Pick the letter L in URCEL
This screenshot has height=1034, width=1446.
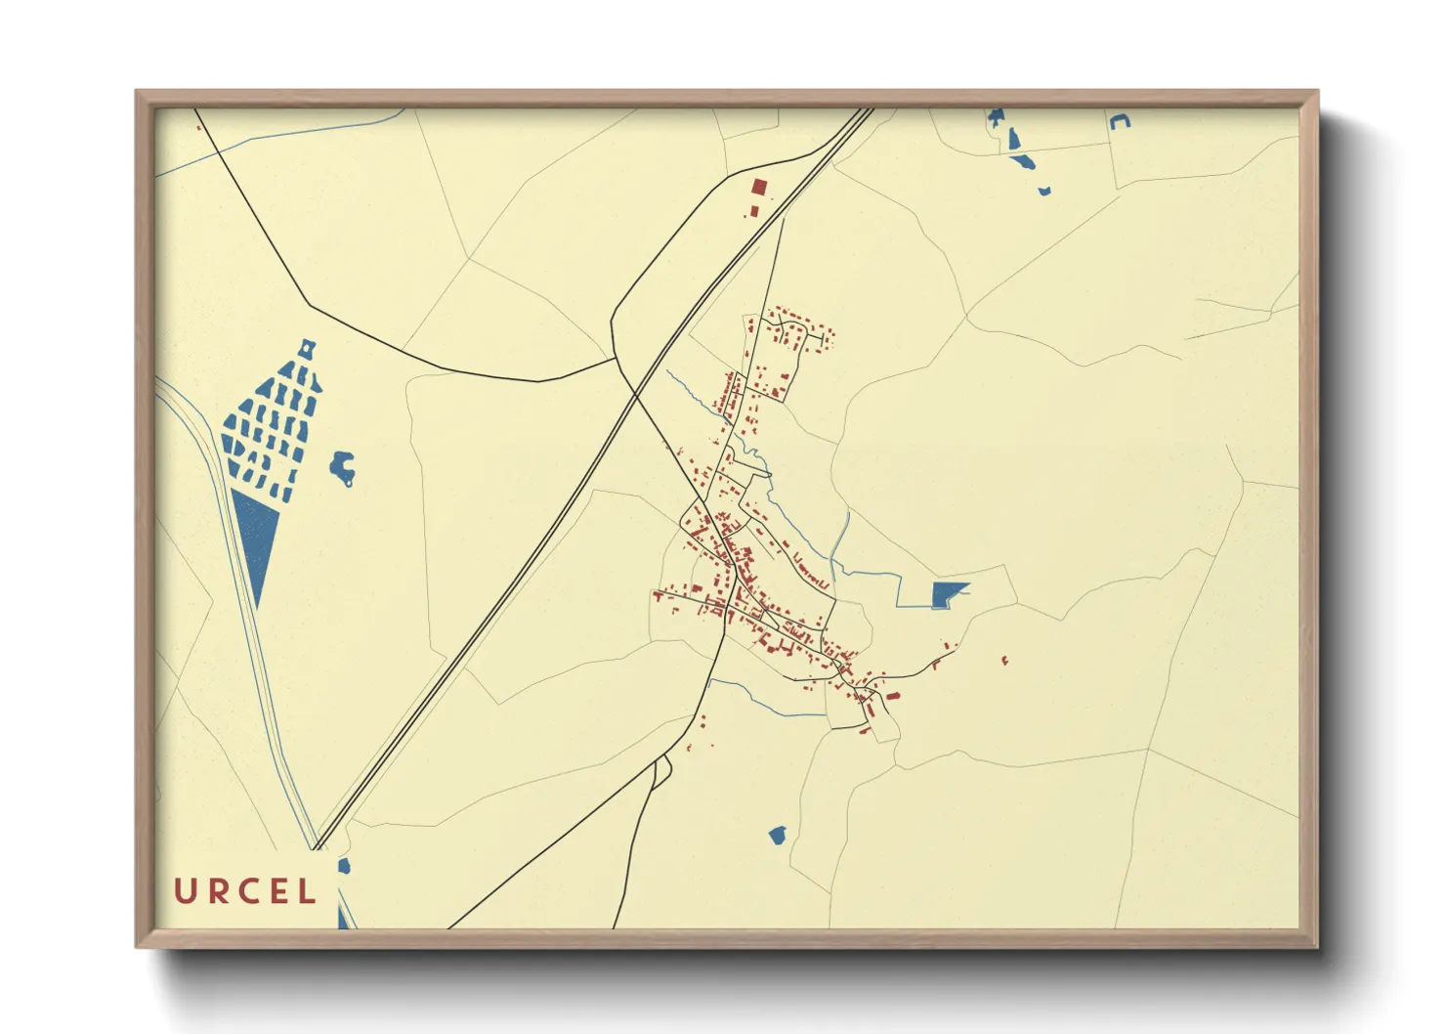308,891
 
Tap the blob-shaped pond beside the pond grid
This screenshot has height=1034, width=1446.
342,468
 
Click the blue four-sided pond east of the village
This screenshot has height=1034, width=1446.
946,593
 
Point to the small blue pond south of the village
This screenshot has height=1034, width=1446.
778,835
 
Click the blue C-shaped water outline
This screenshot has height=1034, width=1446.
1120,121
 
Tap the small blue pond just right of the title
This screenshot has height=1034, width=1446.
344,866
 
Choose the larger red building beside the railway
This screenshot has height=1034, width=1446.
758,188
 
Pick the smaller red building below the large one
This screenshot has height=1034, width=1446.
753,211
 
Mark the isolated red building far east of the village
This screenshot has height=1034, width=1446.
1004,662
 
